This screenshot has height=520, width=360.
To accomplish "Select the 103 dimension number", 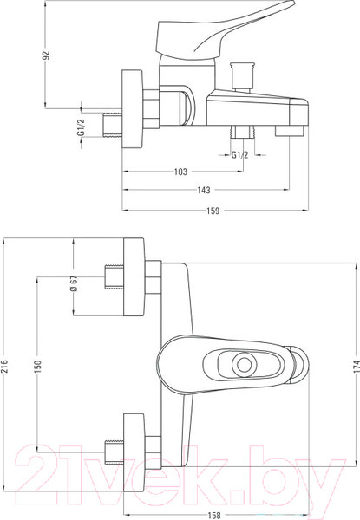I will pos(180,172).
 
